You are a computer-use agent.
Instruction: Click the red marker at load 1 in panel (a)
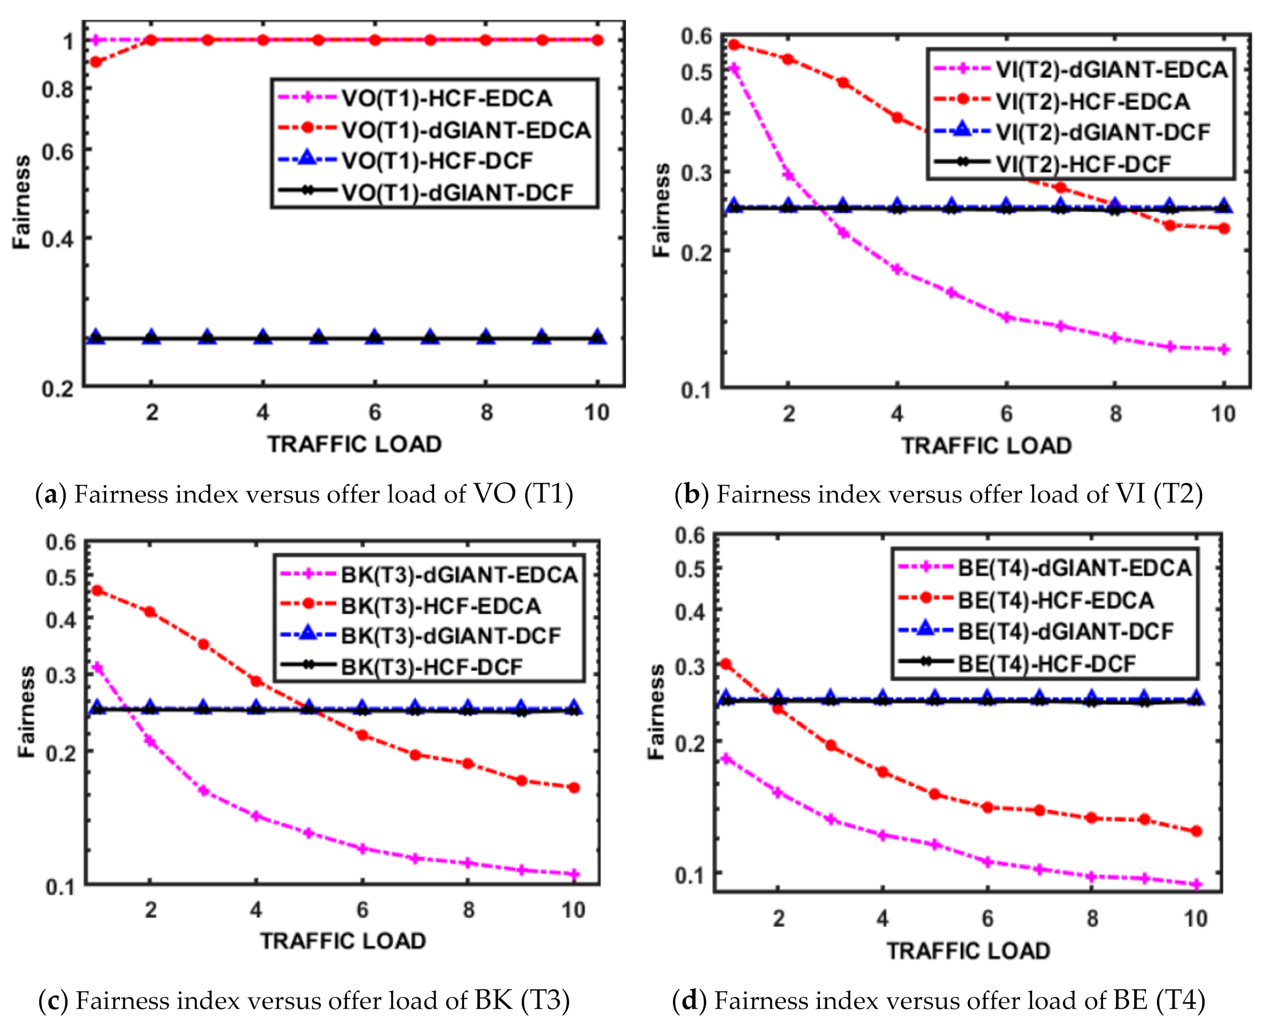(x=95, y=62)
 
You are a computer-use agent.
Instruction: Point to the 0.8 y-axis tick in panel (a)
(x=58, y=90)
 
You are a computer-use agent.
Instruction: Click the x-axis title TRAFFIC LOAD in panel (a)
(x=354, y=444)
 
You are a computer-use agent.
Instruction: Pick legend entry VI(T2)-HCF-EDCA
(x=1092, y=101)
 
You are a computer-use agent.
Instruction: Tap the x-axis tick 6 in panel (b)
(x=1006, y=414)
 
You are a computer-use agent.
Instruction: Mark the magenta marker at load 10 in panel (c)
(x=573, y=874)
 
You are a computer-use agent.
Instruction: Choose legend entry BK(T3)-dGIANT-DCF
(x=450, y=636)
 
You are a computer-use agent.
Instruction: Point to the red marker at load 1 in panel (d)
(x=725, y=664)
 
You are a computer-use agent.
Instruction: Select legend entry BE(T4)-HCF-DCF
(x=1047, y=663)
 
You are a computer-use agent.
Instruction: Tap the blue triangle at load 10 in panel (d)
(x=1196, y=697)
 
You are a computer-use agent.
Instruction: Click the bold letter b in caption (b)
(x=691, y=494)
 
